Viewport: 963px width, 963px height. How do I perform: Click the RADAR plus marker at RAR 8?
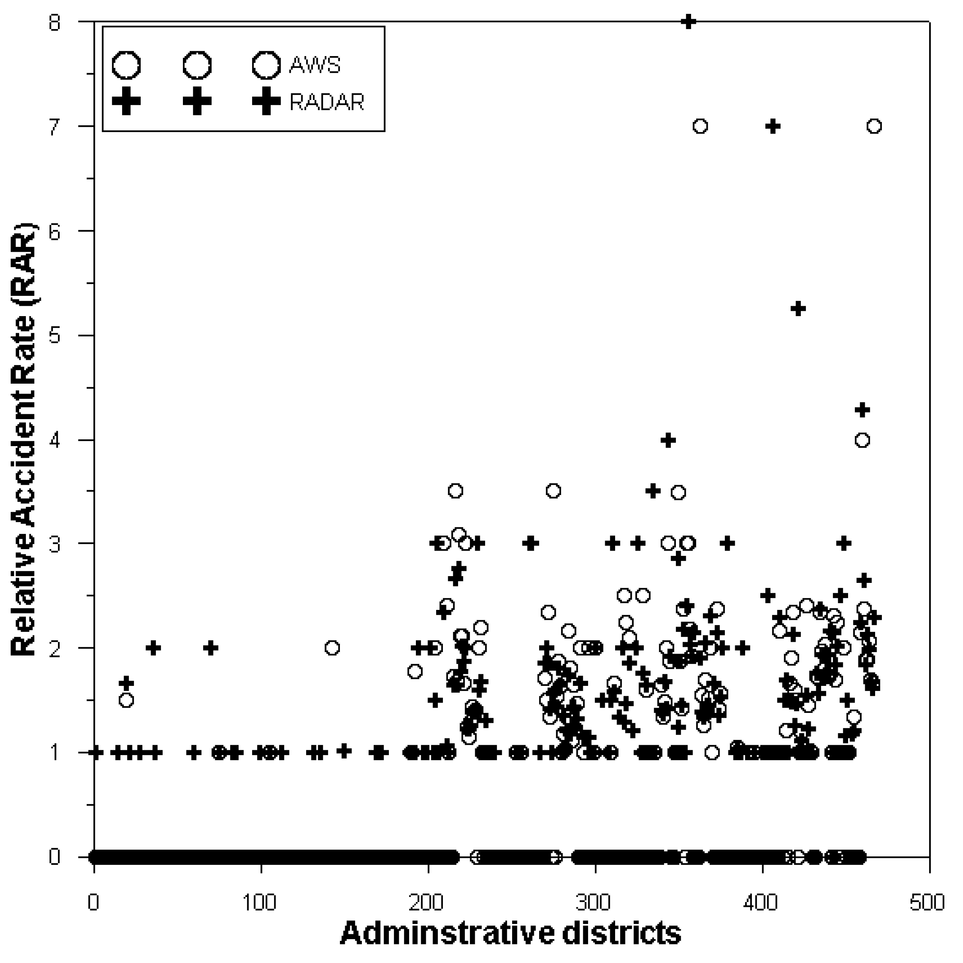pyautogui.click(x=688, y=22)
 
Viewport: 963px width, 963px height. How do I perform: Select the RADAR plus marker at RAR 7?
pyautogui.click(x=773, y=126)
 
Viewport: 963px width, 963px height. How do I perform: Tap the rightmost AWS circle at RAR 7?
pyautogui.click(x=874, y=126)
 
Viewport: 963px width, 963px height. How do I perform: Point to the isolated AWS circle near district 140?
pyautogui.click(x=332, y=648)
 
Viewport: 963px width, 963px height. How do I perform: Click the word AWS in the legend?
pyautogui.click(x=315, y=65)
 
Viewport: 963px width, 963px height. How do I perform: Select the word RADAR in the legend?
pyautogui.click(x=326, y=102)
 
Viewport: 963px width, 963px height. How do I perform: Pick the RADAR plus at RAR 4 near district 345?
pyautogui.click(x=668, y=440)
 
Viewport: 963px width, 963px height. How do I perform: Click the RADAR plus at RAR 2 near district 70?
pyautogui.click(x=211, y=648)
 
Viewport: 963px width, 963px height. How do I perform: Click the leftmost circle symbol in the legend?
pyautogui.click(x=126, y=65)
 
